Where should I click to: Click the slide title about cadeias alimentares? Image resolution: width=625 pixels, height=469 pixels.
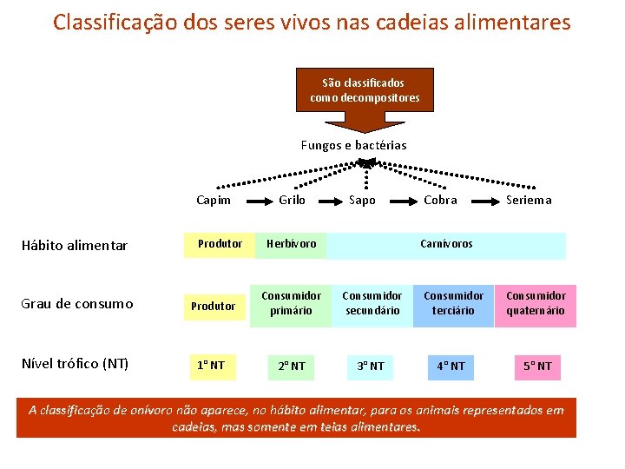pyautogui.click(x=312, y=22)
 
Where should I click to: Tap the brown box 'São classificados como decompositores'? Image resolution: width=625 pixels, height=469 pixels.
pyautogui.click(x=365, y=90)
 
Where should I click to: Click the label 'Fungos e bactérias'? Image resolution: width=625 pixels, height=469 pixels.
pyautogui.click(x=353, y=145)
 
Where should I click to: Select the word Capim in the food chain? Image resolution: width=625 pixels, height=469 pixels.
pyautogui.click(x=214, y=200)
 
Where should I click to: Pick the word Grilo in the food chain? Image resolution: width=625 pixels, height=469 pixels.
pyautogui.click(x=292, y=200)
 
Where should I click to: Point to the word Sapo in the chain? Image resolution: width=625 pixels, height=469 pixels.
pyautogui.click(x=362, y=200)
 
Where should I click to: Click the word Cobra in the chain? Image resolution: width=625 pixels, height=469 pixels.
pyautogui.click(x=440, y=200)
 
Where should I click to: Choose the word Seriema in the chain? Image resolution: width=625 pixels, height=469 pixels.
pyautogui.click(x=529, y=200)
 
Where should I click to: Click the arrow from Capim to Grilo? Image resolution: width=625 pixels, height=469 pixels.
pyautogui.click(x=252, y=200)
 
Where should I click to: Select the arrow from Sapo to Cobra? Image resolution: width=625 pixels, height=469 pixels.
pyautogui.click(x=400, y=200)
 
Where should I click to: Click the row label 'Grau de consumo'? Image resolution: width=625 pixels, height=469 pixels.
pyautogui.click(x=77, y=304)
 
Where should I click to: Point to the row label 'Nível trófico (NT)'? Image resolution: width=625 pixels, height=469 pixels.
pyautogui.click(x=75, y=363)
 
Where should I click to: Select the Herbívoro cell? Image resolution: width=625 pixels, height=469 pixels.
pyautogui.click(x=292, y=245)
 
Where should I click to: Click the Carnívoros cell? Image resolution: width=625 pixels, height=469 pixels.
pyautogui.click(x=446, y=245)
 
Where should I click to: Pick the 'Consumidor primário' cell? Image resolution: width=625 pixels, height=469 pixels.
pyautogui.click(x=291, y=304)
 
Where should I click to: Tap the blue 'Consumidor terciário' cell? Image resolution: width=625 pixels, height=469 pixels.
pyautogui.click(x=453, y=304)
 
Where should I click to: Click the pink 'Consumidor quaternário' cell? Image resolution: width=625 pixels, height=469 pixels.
pyautogui.click(x=535, y=304)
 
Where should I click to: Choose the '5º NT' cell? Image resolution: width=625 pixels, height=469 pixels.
pyautogui.click(x=536, y=366)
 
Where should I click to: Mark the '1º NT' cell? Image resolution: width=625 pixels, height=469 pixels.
pyautogui.click(x=211, y=365)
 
